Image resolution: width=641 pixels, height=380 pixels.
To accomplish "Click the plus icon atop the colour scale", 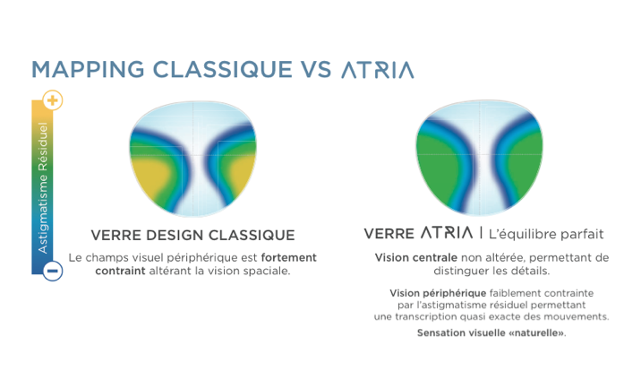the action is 53,100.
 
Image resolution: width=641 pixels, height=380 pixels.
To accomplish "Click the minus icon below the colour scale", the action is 53,271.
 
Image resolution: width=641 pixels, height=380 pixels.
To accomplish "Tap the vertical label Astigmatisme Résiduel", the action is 42,187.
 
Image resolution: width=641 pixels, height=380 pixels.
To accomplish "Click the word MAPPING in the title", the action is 88,69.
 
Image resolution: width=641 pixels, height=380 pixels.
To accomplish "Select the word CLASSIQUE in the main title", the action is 223,69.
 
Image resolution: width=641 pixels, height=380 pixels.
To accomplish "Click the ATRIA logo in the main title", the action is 378,70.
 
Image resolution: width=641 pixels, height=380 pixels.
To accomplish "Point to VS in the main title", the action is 316,69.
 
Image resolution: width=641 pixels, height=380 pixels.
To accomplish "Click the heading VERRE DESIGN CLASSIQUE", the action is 192,235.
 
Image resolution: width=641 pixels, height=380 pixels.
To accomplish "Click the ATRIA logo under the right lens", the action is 447,233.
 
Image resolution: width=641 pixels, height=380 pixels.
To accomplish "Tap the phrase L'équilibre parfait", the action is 546,234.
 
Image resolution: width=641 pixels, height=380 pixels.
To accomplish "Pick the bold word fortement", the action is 288,258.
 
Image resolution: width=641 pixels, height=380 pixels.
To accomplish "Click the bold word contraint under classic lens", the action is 120,271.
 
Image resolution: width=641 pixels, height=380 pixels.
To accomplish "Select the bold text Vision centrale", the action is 415,258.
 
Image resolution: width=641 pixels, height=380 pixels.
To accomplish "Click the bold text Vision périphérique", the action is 438,293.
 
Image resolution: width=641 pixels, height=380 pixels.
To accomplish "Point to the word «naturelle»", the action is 536,333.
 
